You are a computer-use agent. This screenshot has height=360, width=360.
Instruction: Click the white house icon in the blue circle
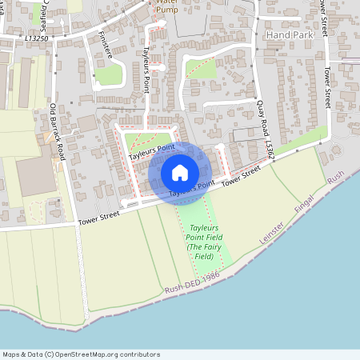pos(180,173)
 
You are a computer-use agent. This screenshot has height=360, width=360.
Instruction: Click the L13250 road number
pos(37,38)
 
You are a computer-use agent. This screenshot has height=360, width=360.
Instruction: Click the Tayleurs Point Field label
pos(199,233)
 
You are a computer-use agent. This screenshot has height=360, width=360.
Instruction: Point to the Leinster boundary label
pos(273,233)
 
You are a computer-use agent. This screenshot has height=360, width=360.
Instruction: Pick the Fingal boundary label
pos(306,200)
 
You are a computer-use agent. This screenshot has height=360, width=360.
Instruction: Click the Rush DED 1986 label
pos(192,281)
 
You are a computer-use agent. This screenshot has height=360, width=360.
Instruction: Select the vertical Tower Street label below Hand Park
pos(326,87)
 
